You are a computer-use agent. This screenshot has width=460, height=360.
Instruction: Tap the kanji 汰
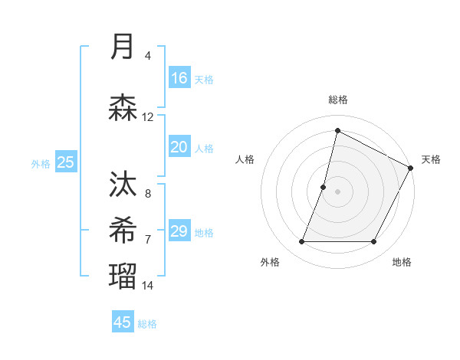(x=123, y=185)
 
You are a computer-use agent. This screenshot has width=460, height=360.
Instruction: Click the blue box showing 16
(x=179, y=78)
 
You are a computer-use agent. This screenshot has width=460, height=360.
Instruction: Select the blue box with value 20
(x=179, y=147)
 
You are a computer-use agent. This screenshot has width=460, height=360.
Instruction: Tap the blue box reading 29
(x=179, y=231)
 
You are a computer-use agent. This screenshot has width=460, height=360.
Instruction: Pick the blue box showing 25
(x=65, y=162)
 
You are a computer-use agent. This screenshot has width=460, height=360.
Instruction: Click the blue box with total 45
(x=123, y=322)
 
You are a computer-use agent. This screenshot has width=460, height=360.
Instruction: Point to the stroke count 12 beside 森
(x=148, y=117)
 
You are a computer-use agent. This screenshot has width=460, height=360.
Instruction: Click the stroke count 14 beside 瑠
(x=148, y=285)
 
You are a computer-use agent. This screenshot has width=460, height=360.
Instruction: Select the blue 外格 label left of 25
(x=41, y=163)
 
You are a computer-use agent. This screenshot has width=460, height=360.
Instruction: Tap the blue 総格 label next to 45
(x=147, y=324)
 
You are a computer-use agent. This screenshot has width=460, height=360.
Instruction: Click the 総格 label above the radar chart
(x=337, y=100)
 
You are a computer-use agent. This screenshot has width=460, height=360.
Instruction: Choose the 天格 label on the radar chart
(x=431, y=159)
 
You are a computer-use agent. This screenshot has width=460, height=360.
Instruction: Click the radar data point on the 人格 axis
(x=324, y=187)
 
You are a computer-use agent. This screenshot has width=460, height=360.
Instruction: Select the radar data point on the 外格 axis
(x=301, y=242)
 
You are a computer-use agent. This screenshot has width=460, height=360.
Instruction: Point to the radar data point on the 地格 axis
(x=374, y=242)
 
